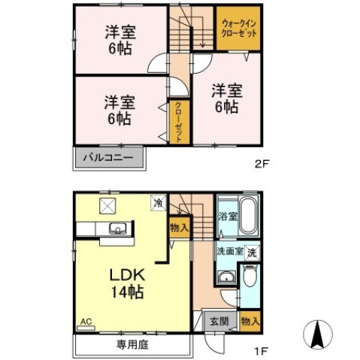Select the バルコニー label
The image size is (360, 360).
[x=108, y=159]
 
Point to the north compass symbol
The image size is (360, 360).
[x=318, y=334]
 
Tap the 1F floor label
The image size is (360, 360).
[x=259, y=349]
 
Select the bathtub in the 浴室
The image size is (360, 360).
[x=250, y=218]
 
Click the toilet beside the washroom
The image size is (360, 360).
[x=250, y=280]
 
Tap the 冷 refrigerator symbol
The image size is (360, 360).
[x=158, y=202]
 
